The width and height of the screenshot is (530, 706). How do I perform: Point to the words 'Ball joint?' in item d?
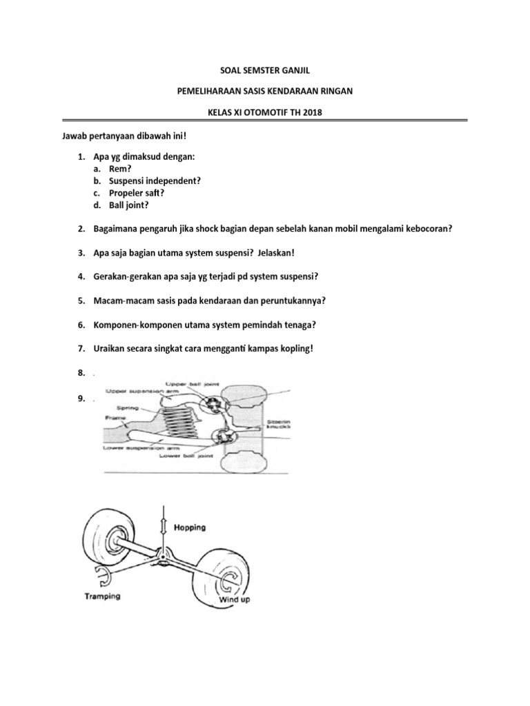tap(129, 205)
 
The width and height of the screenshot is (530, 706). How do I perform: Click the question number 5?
tap(81, 301)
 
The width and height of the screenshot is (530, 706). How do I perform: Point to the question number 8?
tap(81, 373)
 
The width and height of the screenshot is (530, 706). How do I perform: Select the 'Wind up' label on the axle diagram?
tap(235, 599)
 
